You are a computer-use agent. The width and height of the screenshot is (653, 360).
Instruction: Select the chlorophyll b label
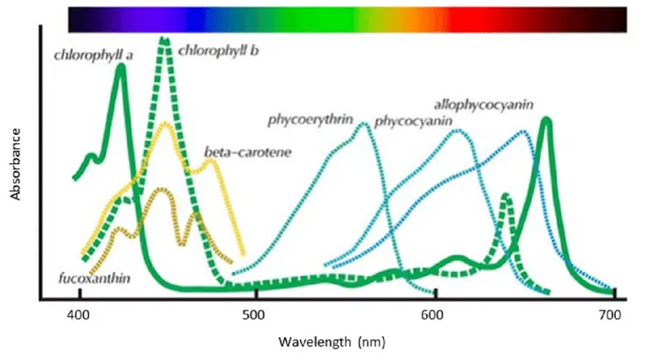218,51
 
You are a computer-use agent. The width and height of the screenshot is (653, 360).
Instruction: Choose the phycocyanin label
413,121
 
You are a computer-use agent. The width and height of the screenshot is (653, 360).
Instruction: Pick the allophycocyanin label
483,105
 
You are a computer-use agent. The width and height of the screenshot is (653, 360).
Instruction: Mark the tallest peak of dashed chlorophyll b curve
164,40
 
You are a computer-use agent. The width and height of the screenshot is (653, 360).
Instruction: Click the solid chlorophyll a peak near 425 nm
121,66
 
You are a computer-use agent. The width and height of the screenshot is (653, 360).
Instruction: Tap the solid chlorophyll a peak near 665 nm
547,120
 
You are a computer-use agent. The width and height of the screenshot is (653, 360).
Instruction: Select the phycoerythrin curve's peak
363,124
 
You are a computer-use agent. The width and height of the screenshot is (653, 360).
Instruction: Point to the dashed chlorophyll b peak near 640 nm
506,196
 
